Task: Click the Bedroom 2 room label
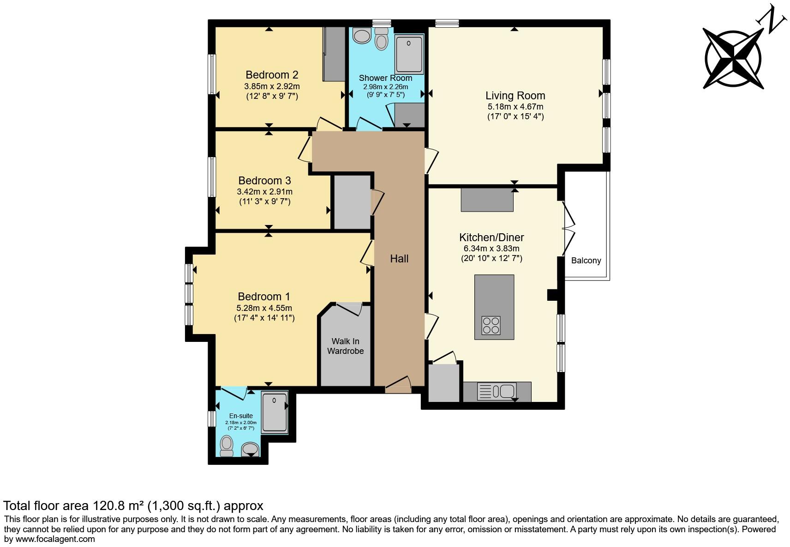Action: tap(272, 75)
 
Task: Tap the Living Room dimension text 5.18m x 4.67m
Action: tap(515, 107)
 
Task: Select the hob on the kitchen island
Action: tap(491, 325)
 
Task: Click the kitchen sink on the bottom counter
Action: tap(497, 391)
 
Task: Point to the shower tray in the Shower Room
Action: tap(409, 55)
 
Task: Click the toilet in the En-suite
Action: tap(227, 446)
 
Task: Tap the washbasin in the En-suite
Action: tap(250, 450)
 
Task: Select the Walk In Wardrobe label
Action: tap(345, 346)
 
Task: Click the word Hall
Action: tap(399, 259)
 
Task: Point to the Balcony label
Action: tap(586, 261)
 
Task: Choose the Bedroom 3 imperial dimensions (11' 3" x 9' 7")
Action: tap(265, 201)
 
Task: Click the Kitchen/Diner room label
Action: tap(491, 237)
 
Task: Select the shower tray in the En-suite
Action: tap(275, 413)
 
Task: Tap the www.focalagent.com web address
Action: tap(55, 539)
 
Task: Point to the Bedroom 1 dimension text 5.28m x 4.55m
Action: tap(264, 308)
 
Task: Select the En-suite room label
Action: tap(241, 416)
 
